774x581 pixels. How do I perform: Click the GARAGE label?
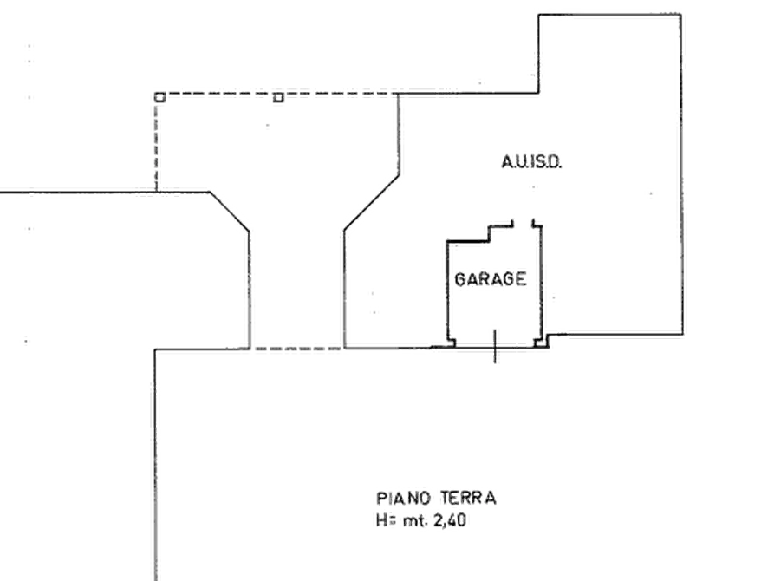click(x=490, y=279)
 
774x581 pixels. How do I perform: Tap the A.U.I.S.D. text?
click(x=531, y=161)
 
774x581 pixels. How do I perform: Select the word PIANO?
click(x=404, y=498)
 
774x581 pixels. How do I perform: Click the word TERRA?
click(x=468, y=498)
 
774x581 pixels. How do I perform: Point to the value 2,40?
click(x=450, y=520)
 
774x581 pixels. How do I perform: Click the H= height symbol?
click(x=386, y=520)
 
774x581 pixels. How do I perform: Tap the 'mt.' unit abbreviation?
click(x=415, y=521)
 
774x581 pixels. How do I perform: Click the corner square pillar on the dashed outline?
click(x=159, y=97)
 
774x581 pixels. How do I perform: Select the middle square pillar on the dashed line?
click(x=278, y=97)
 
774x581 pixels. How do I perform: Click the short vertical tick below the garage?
click(x=495, y=346)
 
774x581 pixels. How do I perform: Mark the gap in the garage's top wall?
click(x=523, y=224)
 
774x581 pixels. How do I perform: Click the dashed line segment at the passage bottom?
click(x=297, y=349)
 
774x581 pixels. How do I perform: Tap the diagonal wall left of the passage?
click(x=230, y=212)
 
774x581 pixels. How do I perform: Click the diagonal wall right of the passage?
click(x=371, y=203)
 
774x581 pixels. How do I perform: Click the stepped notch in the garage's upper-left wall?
click(x=489, y=233)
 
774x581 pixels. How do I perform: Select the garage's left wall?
click(x=447, y=290)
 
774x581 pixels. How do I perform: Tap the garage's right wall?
click(x=542, y=282)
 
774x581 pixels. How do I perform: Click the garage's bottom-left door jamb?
click(x=452, y=343)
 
